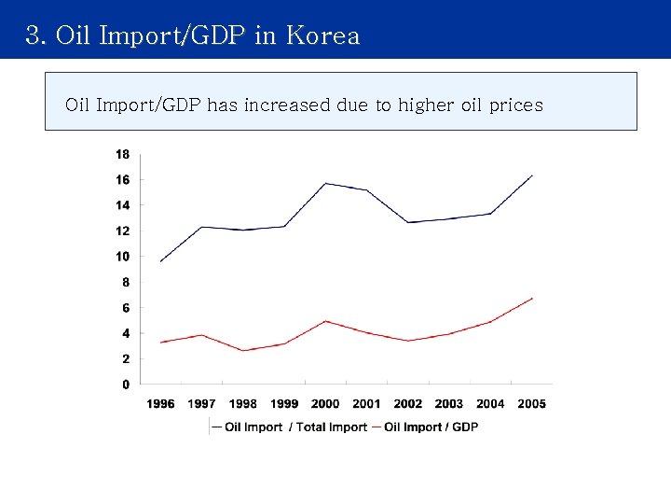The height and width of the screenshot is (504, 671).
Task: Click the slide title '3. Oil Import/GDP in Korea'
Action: click(193, 35)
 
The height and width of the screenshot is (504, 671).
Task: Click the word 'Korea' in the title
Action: click(322, 35)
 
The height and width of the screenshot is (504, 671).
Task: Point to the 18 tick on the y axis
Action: click(122, 153)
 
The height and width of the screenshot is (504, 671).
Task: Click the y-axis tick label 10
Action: click(122, 257)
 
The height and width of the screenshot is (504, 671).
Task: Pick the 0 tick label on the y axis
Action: click(126, 385)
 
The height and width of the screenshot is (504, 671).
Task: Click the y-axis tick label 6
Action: click(126, 308)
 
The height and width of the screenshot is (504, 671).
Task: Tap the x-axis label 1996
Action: click(160, 404)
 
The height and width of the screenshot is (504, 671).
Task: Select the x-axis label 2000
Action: click(325, 404)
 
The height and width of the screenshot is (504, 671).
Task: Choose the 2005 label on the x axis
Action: click(531, 404)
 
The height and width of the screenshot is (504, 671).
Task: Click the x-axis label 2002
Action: click(407, 404)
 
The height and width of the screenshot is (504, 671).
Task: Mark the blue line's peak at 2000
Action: click(325, 183)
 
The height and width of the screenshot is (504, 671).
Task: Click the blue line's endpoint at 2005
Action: click(531, 175)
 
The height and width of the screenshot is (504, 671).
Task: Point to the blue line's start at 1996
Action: click(160, 261)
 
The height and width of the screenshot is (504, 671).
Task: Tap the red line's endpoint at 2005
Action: click(531, 299)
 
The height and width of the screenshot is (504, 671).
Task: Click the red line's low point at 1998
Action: click(242, 350)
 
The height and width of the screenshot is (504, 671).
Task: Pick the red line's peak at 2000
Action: click(325, 321)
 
